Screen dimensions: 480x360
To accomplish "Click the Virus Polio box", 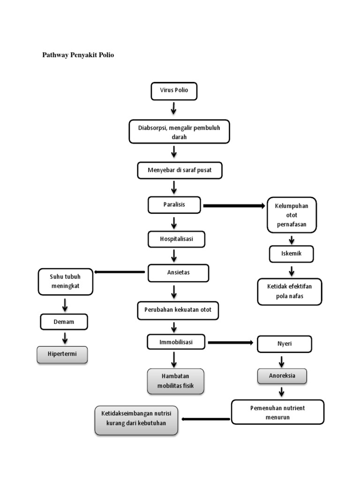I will click(x=174, y=91).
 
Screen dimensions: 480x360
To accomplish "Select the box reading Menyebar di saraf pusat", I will click(x=180, y=170).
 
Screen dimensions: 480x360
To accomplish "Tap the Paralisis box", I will click(x=174, y=205).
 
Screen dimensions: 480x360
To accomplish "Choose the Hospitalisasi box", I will click(x=176, y=239).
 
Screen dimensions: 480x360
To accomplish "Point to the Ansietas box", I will click(x=178, y=273).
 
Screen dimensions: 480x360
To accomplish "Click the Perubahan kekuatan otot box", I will click(x=178, y=310).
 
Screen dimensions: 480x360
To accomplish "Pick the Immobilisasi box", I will click(x=177, y=342).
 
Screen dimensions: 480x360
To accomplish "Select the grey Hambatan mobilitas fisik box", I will click(x=176, y=381).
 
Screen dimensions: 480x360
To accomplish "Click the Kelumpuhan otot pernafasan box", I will click(x=292, y=215).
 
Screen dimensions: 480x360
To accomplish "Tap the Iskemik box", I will click(x=292, y=254).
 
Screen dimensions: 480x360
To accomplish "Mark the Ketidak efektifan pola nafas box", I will click(x=290, y=292).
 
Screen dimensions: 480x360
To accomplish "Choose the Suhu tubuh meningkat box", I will click(x=66, y=282).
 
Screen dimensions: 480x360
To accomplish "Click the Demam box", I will click(x=64, y=322).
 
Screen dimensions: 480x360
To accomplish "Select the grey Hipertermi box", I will click(x=63, y=354).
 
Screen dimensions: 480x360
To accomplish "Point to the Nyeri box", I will click(x=285, y=344).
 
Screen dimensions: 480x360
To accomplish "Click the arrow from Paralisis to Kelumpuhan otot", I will click(x=234, y=206).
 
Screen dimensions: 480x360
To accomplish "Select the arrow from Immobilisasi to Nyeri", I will click(x=232, y=343).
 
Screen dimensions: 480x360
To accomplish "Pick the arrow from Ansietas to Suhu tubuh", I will click(x=120, y=272).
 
